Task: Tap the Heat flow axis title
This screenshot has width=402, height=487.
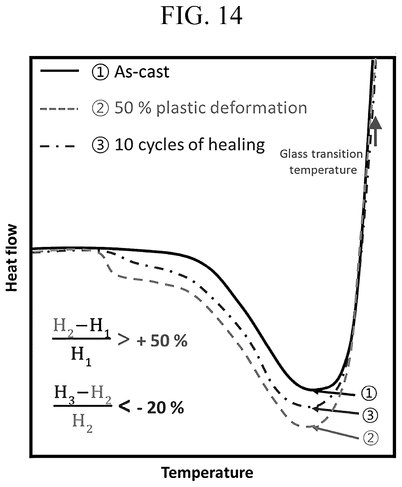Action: click(x=12, y=258)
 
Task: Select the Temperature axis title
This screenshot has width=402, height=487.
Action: click(x=207, y=473)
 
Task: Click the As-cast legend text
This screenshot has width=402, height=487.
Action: click(x=142, y=72)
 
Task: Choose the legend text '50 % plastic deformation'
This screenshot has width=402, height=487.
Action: click(x=211, y=108)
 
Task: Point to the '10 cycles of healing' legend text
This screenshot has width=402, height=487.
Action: click(x=190, y=145)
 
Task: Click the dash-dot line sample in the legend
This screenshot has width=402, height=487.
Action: click(x=58, y=146)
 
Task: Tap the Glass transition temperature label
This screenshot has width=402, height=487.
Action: click(x=322, y=162)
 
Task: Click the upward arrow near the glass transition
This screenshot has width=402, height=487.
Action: click(x=375, y=131)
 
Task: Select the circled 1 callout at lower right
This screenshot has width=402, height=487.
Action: click(x=369, y=393)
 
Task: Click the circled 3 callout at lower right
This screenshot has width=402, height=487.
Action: click(x=369, y=415)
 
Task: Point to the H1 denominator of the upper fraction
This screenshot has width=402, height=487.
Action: click(x=81, y=357)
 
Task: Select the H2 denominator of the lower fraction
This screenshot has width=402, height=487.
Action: click(x=82, y=423)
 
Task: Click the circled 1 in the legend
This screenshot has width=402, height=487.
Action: click(x=100, y=72)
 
